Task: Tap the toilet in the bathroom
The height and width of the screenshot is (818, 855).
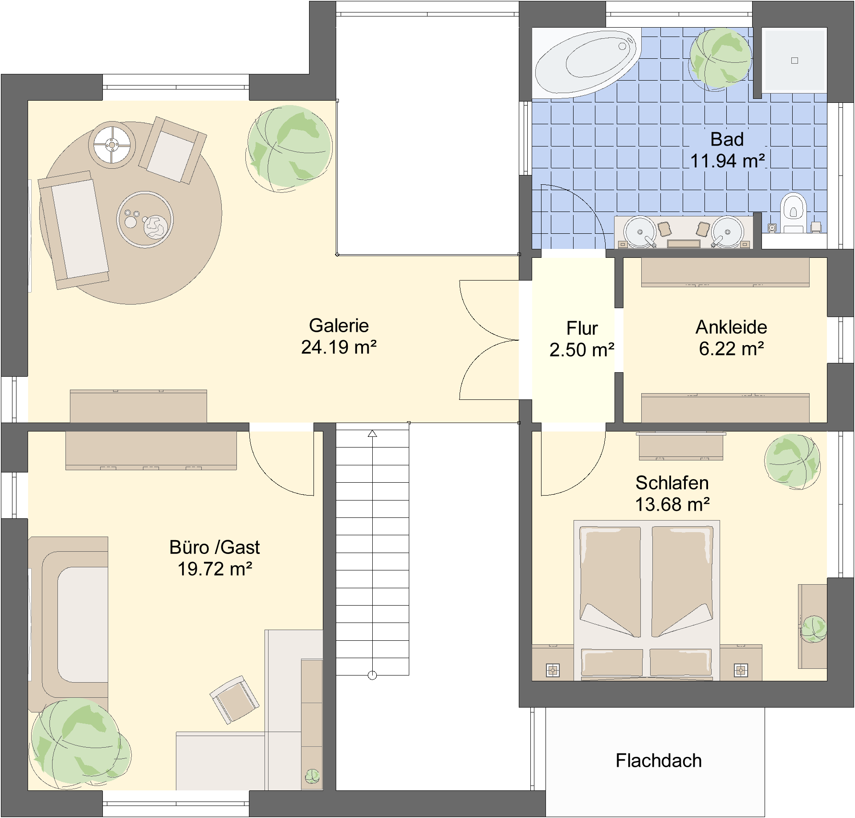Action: (x=793, y=212)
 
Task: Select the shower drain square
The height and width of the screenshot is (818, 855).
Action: (x=794, y=61)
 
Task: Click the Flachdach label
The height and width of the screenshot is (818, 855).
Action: (x=659, y=761)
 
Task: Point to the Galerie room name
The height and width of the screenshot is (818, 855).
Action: (x=339, y=326)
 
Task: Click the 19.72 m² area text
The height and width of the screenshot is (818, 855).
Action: (x=215, y=569)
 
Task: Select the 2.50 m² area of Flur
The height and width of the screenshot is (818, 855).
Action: (x=582, y=350)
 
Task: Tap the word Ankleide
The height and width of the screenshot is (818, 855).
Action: (x=731, y=327)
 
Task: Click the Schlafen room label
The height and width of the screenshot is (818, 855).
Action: (x=672, y=483)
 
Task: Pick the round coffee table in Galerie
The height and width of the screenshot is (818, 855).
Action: (x=145, y=220)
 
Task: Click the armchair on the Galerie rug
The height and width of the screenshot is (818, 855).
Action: (x=172, y=150)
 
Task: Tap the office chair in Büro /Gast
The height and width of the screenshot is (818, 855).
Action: (x=234, y=700)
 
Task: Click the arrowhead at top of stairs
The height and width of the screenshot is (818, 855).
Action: (x=372, y=433)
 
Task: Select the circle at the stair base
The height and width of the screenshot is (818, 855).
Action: (x=372, y=676)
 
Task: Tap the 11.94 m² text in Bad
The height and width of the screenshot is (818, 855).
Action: (x=728, y=161)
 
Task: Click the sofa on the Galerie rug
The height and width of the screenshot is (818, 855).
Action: (x=74, y=230)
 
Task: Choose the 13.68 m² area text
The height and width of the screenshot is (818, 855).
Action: (x=672, y=505)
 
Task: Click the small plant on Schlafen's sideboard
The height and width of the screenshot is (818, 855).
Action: (x=814, y=629)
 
